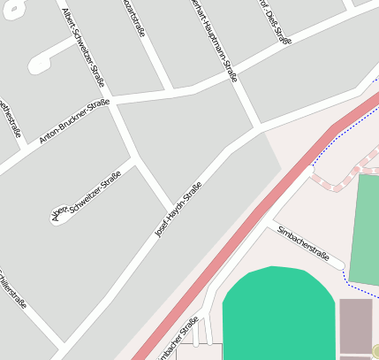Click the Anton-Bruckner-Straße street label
click(x=74, y=122)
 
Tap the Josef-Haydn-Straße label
click(x=178, y=210)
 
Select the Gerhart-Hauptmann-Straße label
click(x=215, y=40)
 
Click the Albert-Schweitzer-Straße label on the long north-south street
click(x=85, y=49)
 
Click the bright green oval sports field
click(x=278, y=314)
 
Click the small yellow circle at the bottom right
click(x=375, y=351)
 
